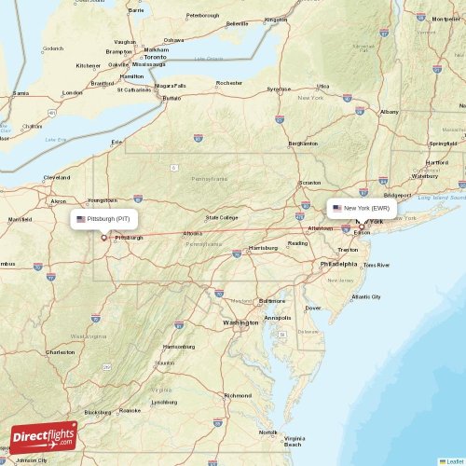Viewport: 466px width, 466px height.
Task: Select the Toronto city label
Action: point(155,58)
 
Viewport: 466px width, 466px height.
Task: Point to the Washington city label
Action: point(240,322)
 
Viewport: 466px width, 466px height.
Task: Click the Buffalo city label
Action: point(171,98)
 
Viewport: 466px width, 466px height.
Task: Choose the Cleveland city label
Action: point(57,177)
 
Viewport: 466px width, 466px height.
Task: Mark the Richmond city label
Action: point(237,395)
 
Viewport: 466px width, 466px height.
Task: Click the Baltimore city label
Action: point(272,301)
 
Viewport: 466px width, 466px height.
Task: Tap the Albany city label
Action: point(389,112)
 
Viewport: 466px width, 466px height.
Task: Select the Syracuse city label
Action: point(279,89)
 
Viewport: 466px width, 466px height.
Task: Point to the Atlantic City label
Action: point(366,296)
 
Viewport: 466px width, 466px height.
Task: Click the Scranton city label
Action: point(311,184)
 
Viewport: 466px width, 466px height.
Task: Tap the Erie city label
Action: point(116,142)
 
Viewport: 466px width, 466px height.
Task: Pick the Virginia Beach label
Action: point(295,441)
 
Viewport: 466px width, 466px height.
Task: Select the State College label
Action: point(222,217)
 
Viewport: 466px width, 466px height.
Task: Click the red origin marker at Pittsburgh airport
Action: point(103,237)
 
